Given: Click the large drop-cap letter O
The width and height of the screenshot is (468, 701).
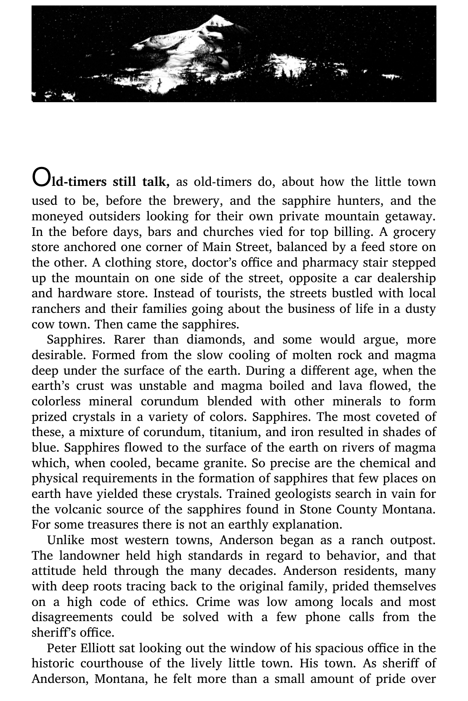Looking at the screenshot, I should click(40, 177).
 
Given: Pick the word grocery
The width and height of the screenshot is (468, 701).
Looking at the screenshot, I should click(415, 232).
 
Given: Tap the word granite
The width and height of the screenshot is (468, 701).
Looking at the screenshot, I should click(225, 463).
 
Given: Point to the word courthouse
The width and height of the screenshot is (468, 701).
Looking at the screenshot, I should click(110, 664).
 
